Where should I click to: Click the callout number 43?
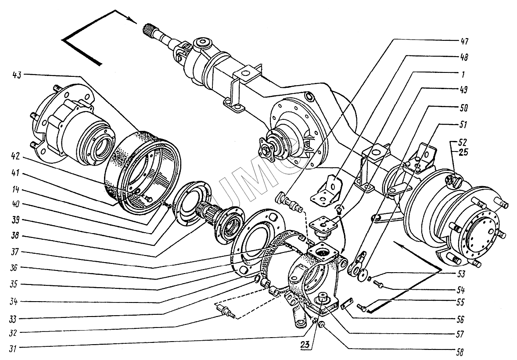(17, 75)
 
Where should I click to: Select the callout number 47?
(464, 42)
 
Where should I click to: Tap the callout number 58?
(460, 352)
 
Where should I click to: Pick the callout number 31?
(13, 349)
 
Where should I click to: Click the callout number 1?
(463, 75)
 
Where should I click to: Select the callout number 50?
(464, 108)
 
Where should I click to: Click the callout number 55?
(460, 302)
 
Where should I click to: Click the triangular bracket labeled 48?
(326, 189)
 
